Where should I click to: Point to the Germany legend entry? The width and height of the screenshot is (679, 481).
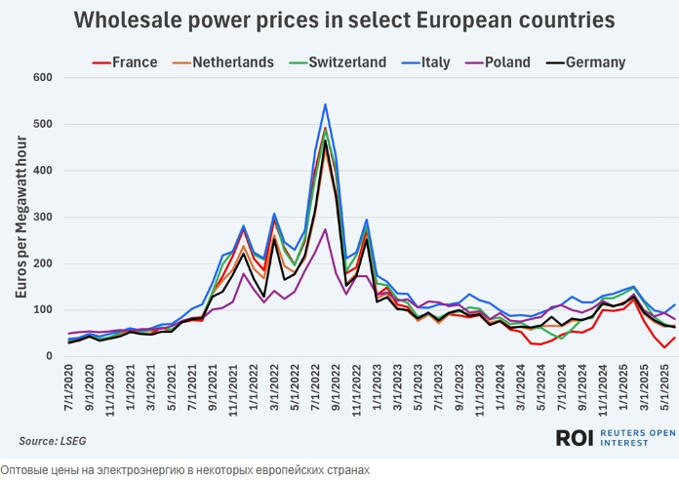(587, 62)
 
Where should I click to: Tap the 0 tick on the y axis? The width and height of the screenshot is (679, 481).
(47, 356)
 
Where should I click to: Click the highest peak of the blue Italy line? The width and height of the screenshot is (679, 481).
(325, 104)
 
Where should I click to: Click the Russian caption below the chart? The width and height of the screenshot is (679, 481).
(185, 470)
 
